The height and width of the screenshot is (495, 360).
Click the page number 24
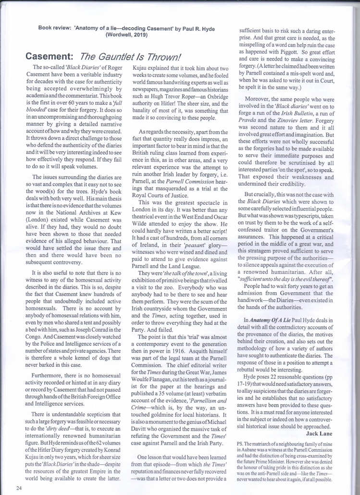18,488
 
